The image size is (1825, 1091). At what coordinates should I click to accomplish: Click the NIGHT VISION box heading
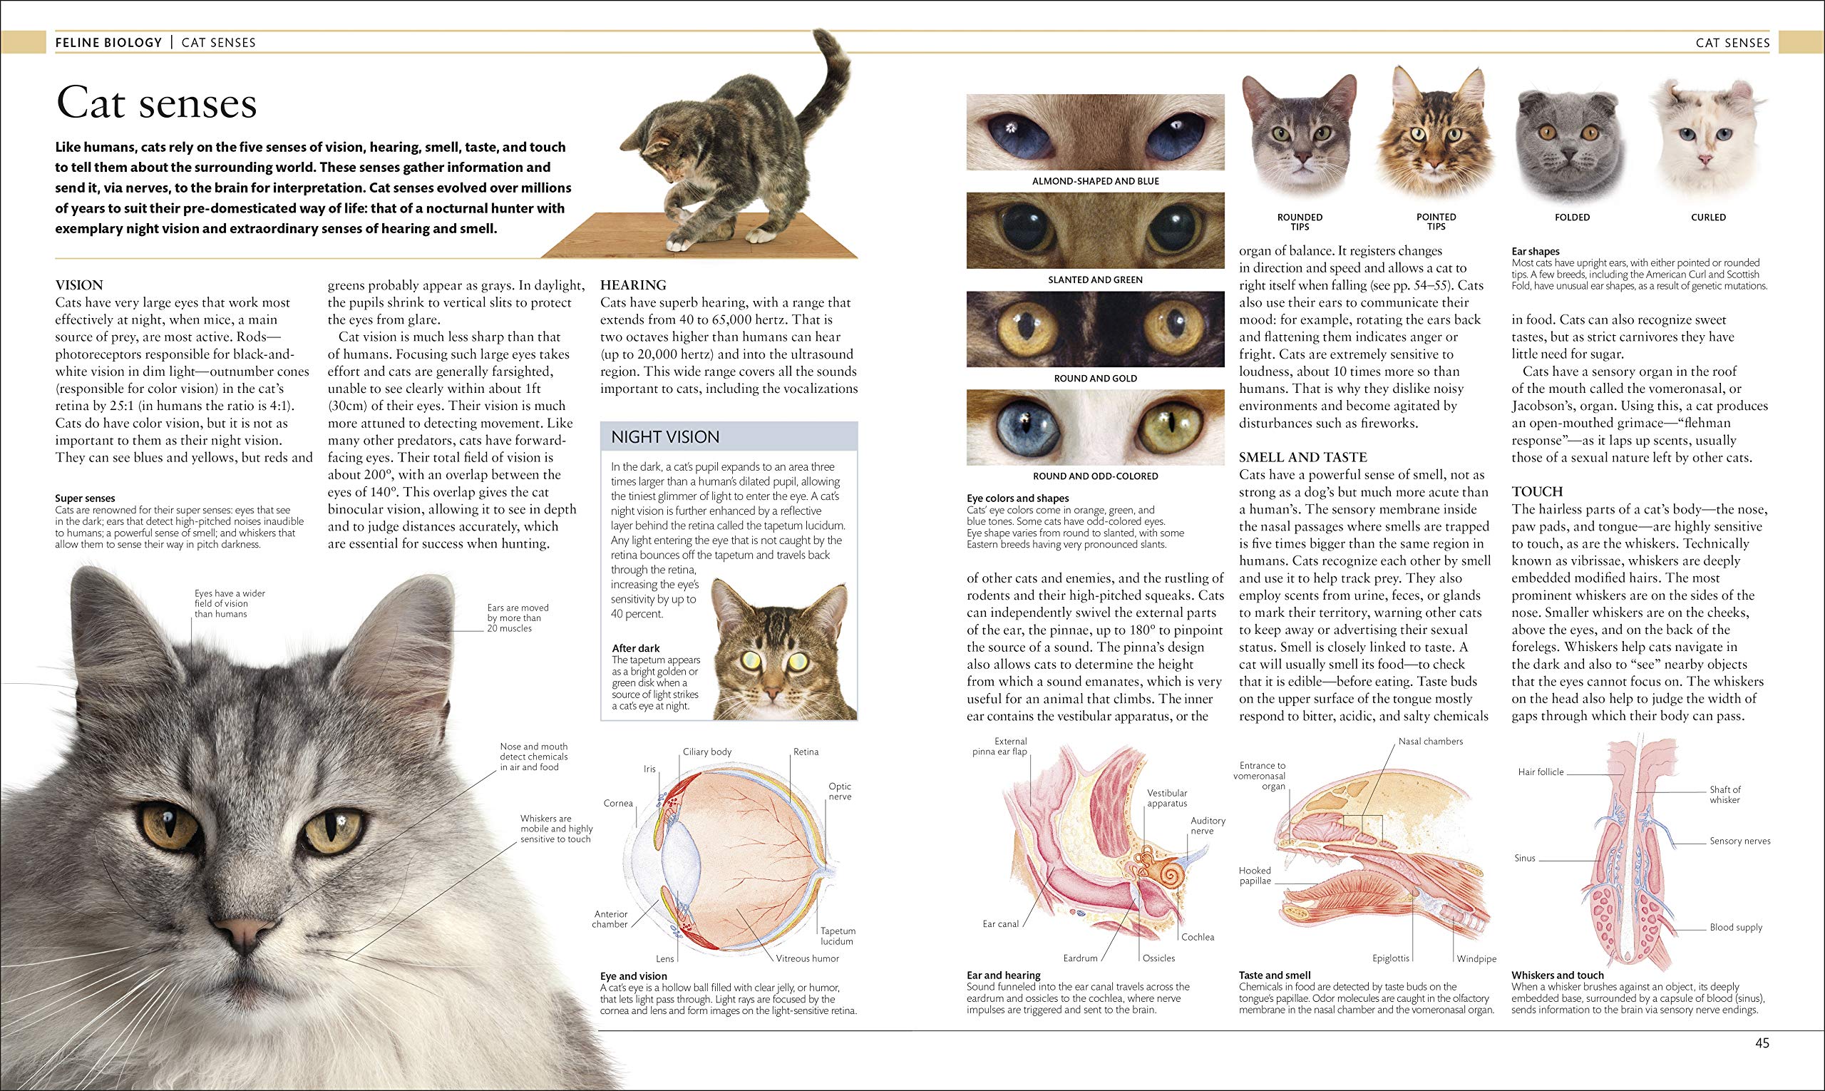pos(665,437)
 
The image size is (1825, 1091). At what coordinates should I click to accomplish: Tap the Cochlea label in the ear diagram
pos(1198,936)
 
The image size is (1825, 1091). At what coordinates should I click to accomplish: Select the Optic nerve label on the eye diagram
pos(839,791)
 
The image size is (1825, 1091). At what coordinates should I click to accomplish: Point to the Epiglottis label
pos(1391,958)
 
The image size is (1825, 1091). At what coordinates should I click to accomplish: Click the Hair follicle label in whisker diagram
pos(1541,772)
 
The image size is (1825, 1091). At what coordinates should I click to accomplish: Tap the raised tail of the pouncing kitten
pos(833,73)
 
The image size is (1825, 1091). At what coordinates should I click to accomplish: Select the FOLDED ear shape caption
pos(1572,217)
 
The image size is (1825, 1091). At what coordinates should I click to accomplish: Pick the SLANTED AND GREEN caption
pos(1095,280)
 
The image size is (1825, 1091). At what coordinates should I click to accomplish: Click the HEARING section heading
pos(633,285)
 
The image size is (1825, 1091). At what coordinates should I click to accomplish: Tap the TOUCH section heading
pos(1537,491)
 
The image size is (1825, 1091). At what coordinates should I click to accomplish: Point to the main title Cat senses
pos(157,103)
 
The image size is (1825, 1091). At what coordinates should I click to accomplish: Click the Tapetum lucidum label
pos(838,936)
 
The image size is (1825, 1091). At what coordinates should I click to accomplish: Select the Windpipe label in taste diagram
pos(1476,958)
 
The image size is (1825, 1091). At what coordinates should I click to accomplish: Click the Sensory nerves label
pos(1739,841)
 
